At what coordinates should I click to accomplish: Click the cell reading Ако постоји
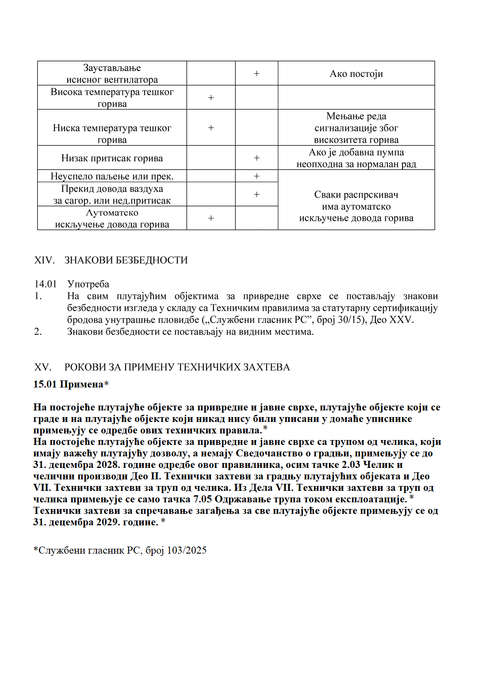pyautogui.click(x=356, y=74)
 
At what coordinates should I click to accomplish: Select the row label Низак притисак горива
pyautogui.click(x=112, y=158)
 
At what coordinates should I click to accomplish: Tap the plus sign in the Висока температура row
pyautogui.click(x=211, y=98)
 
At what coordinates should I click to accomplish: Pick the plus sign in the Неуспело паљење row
pyautogui.click(x=256, y=176)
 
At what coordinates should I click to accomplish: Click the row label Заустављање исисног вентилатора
pyautogui.click(x=112, y=74)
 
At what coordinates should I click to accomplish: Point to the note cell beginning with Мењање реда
pyautogui.click(x=356, y=128)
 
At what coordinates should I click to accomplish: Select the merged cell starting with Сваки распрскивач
pyautogui.click(x=356, y=206)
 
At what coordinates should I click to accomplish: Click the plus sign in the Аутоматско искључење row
pyautogui.click(x=211, y=218)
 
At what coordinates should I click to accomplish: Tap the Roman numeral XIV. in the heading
pyautogui.click(x=44, y=260)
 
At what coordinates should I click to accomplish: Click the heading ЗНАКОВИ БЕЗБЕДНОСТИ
pyautogui.click(x=126, y=260)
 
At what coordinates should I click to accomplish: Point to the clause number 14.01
pyautogui.click(x=46, y=284)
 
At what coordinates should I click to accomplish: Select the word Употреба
pyautogui.click(x=88, y=284)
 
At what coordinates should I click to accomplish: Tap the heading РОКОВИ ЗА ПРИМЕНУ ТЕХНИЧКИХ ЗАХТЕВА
pyautogui.click(x=177, y=367)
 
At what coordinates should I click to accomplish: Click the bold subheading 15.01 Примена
pyautogui.click(x=68, y=384)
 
